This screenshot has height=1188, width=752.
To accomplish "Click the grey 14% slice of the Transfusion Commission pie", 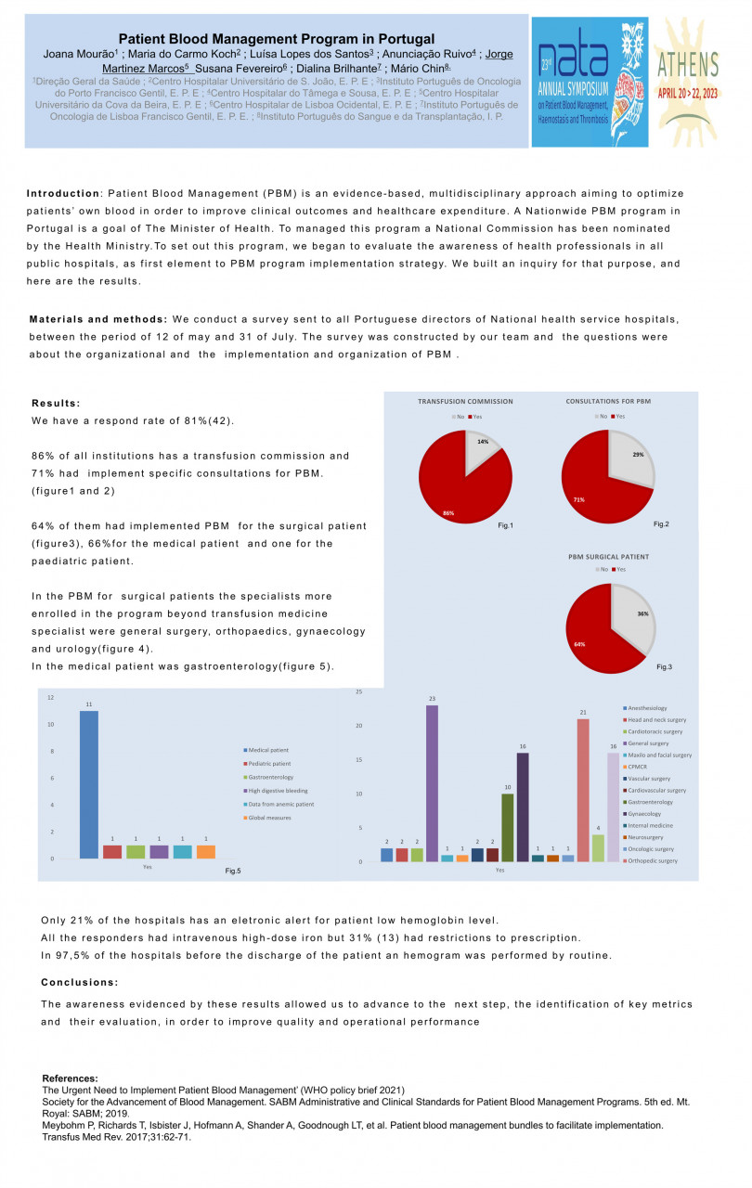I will [482, 444].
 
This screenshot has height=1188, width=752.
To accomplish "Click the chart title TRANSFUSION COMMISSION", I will [465, 402].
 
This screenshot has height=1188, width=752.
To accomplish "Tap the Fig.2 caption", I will [660, 525].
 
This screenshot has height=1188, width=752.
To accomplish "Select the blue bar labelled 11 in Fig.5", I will [88, 784].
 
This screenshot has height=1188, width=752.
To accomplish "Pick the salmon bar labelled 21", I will [582, 790].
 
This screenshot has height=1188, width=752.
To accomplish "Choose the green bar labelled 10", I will [507, 827].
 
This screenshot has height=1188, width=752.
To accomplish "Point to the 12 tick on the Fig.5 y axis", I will [51, 697].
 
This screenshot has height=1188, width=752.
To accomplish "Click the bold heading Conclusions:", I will [79, 982].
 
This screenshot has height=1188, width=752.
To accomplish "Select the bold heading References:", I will [70, 1078].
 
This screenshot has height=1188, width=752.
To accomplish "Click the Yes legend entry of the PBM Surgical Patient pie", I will [617, 570].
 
